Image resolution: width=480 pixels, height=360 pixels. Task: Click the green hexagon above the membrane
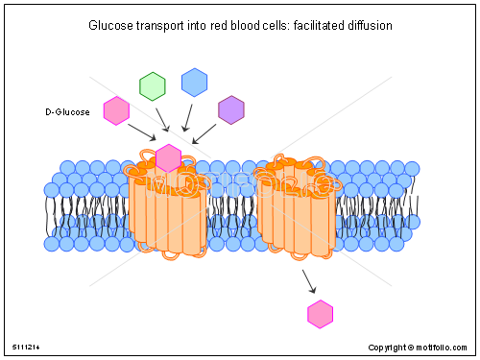click(x=153, y=85)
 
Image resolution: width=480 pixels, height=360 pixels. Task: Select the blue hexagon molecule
click(x=195, y=83)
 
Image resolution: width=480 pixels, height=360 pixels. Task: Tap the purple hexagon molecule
click(x=231, y=110)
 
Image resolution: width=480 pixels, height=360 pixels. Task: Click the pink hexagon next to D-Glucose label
click(x=116, y=111)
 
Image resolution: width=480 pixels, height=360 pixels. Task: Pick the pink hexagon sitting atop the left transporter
click(x=168, y=158)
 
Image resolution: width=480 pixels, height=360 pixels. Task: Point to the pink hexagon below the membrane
click(x=320, y=313)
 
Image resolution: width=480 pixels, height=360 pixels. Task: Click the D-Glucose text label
click(x=67, y=112)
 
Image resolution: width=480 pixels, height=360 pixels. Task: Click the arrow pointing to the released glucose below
click(x=309, y=280)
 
